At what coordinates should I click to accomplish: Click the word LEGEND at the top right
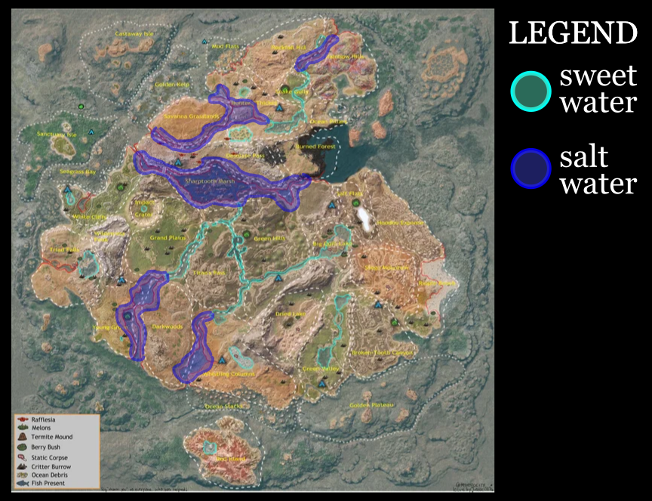tap(573, 33)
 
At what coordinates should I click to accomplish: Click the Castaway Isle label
tap(134, 34)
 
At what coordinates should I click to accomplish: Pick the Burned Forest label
tap(315, 147)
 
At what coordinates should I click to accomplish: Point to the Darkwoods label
tap(168, 326)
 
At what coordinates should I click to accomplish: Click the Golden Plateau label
tap(372, 405)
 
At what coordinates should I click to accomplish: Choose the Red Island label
tap(231, 459)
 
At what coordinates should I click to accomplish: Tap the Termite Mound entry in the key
tap(51, 438)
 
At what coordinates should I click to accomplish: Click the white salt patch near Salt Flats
tap(365, 218)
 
